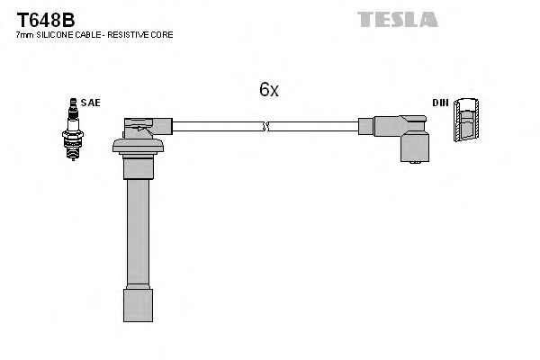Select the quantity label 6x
click(x=269, y=90)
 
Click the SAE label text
click(x=90, y=103)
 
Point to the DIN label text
click(x=440, y=103)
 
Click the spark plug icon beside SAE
click(x=70, y=130)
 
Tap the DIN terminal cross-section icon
click(x=466, y=120)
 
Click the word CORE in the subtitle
click(x=163, y=34)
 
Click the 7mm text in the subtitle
click(x=24, y=34)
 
